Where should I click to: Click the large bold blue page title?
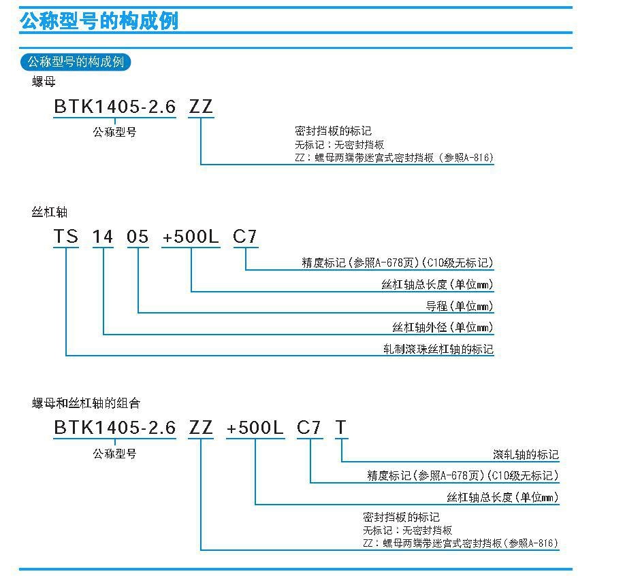(x=99, y=20)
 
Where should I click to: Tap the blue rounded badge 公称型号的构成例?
(x=76, y=62)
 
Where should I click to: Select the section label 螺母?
(x=44, y=82)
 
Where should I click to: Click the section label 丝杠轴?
(x=50, y=211)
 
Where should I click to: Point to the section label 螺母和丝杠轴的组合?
(x=86, y=403)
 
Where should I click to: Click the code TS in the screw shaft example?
(x=66, y=237)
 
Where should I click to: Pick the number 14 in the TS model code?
(x=103, y=237)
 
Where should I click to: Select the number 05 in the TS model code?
(x=138, y=237)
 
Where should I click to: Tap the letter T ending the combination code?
(x=341, y=428)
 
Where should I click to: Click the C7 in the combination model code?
(x=309, y=428)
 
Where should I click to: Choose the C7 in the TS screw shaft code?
(x=244, y=237)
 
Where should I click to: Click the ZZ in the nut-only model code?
(x=201, y=106)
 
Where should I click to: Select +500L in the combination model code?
(x=255, y=428)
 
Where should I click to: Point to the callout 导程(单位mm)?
(x=460, y=306)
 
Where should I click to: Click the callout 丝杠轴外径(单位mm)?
(x=443, y=328)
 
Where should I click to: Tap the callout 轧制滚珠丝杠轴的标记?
(x=438, y=349)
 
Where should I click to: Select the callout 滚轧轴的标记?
(x=526, y=454)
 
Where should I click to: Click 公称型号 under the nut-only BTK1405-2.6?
(x=115, y=132)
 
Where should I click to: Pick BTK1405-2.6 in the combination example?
(x=115, y=428)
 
